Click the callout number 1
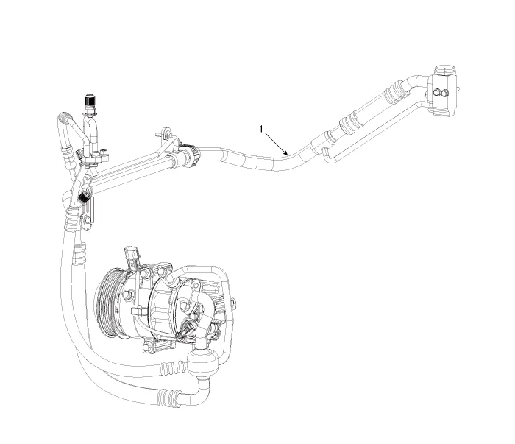(261, 129)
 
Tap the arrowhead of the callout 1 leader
(286, 153)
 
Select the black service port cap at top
(90, 100)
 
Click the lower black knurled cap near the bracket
(84, 198)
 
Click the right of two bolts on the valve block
(444, 94)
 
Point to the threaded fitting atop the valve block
(444, 71)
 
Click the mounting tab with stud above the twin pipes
(165, 133)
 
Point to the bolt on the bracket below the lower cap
(86, 221)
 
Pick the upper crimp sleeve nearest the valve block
(396, 89)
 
